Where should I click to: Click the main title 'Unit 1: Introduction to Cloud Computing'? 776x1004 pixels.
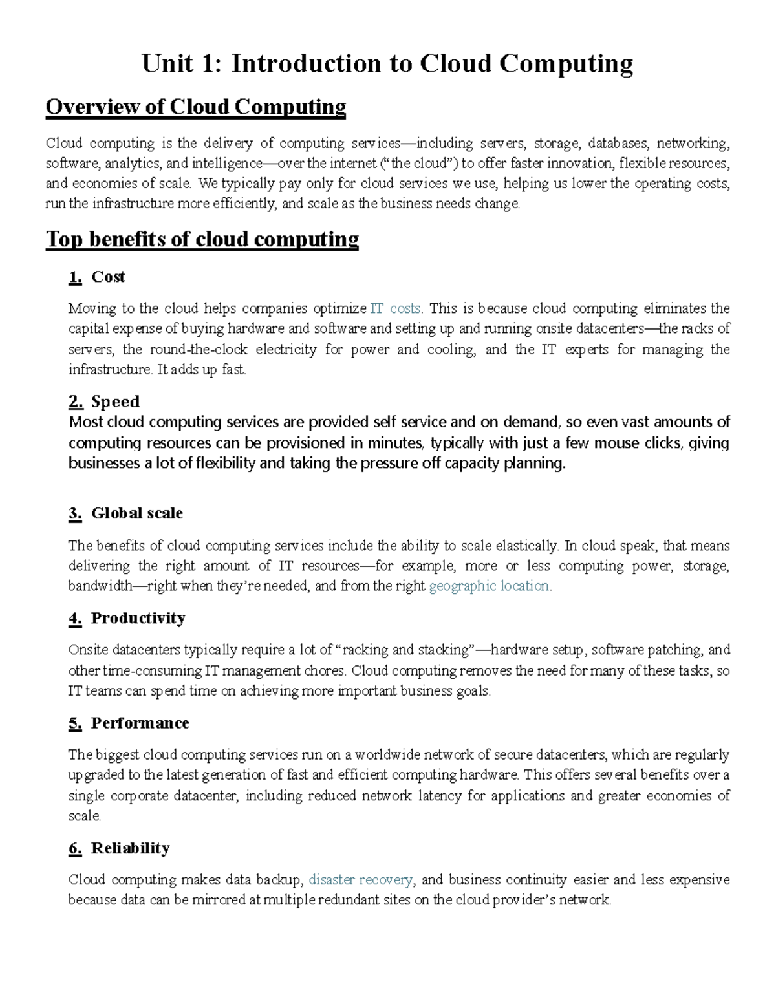click(387, 63)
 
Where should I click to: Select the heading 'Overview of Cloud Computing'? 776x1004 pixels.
click(195, 107)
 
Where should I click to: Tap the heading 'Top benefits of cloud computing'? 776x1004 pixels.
click(202, 240)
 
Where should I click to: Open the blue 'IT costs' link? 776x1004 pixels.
click(396, 308)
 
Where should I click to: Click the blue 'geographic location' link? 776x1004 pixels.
click(490, 586)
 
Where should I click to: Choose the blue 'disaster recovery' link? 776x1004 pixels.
click(361, 880)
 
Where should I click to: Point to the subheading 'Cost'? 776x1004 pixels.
click(108, 277)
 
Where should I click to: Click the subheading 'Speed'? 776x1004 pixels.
click(115, 402)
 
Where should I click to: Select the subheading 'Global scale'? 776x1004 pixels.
click(137, 513)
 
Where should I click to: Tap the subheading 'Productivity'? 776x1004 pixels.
click(138, 619)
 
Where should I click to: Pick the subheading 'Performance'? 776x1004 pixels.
click(140, 723)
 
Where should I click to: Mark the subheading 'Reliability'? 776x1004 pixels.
click(130, 848)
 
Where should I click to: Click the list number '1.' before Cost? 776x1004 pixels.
click(75, 277)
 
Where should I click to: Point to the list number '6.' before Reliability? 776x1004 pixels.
click(75, 848)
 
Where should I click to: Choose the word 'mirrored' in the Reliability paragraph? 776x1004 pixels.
click(218, 900)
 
